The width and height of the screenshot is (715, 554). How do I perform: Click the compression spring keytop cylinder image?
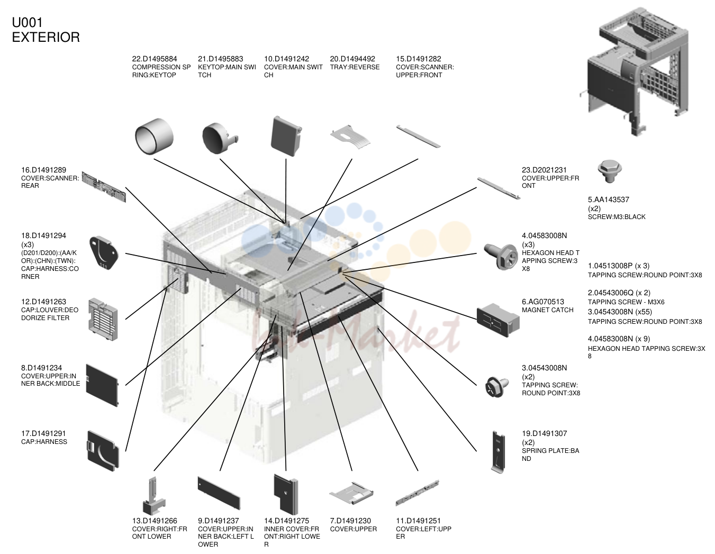click(154, 136)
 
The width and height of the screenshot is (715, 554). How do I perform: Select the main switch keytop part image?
click(220, 138)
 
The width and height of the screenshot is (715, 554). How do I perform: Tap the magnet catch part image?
click(498, 320)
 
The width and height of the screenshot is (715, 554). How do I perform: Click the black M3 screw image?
click(609, 171)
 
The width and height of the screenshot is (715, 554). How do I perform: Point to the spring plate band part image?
click(498, 452)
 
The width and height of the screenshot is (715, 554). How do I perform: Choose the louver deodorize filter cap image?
click(103, 319)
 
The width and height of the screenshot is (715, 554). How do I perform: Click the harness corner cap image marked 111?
click(103, 252)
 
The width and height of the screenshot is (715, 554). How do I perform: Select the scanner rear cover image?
click(104, 187)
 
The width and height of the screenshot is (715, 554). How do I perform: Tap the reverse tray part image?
click(350, 136)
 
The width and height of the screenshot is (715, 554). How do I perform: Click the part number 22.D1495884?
click(155, 59)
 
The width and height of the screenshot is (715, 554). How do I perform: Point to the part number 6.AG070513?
click(542, 302)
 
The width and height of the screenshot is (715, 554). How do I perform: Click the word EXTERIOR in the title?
click(46, 37)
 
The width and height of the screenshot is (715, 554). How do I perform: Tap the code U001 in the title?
click(28, 23)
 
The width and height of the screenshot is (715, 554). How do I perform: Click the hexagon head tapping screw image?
click(501, 256)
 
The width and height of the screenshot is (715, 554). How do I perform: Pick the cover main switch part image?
click(286, 136)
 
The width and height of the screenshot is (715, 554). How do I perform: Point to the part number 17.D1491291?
click(43, 433)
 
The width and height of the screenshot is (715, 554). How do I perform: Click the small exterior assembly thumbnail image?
click(634, 71)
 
